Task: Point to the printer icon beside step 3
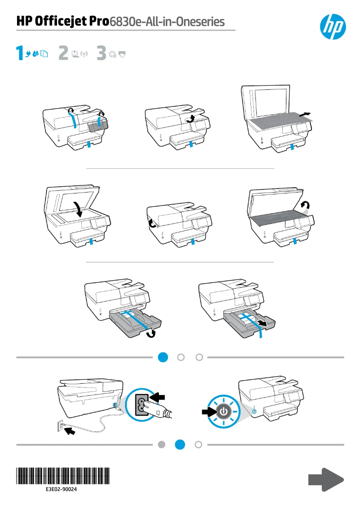122,54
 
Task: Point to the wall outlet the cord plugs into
60,426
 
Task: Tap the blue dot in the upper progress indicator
163,357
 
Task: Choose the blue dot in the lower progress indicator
180,444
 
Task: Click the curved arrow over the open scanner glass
79,209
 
